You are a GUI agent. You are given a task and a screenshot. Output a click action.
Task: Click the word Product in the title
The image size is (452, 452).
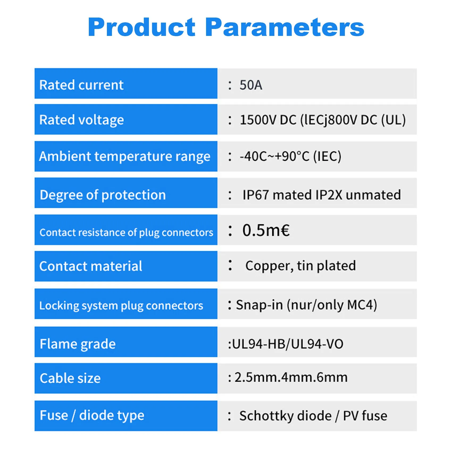tap(142, 27)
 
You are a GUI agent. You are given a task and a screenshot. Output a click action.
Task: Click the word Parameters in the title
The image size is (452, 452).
tap(285, 27)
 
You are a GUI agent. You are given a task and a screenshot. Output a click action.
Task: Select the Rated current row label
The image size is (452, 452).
tap(81, 85)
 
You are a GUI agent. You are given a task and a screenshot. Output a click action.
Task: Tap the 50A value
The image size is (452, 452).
tap(251, 85)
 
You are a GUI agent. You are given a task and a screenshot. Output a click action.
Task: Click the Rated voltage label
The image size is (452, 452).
tap(82, 120)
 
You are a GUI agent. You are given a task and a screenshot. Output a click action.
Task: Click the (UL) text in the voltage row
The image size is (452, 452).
tap(394, 120)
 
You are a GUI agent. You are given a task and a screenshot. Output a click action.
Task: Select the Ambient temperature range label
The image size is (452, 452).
tap(125, 156)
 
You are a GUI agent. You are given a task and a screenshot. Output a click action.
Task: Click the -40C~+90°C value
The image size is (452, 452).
tap(274, 156)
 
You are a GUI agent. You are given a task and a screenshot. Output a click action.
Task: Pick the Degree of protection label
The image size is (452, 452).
tap(103, 195)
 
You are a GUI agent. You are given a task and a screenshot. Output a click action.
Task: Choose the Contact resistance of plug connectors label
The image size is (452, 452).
tap(126, 232)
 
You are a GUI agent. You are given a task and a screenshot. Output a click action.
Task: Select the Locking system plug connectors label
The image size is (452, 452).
tap(121, 305)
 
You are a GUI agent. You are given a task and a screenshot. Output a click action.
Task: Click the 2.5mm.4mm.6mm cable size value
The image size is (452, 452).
tap(291, 377)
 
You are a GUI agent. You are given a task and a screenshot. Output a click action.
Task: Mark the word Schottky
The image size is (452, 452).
tap(285, 416)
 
